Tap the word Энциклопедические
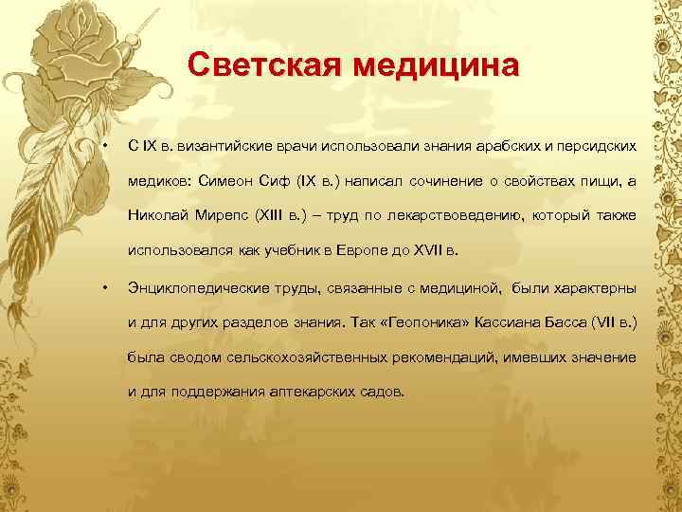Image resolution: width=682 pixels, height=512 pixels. (196, 288)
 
